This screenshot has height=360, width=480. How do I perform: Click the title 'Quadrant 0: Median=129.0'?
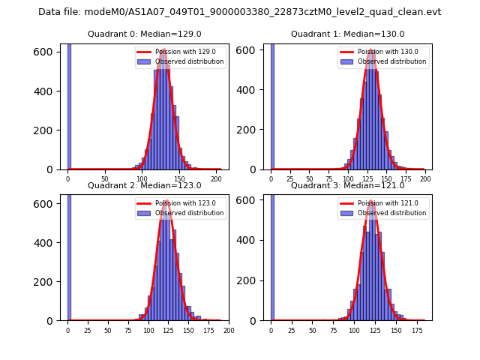pyautogui.click(x=144, y=34)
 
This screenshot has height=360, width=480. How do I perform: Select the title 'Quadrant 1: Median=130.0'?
pyautogui.click(x=347, y=34)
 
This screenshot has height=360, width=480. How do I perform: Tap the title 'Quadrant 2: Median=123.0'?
pyautogui.click(x=144, y=185)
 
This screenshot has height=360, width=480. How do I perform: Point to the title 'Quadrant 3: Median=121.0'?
pyautogui.click(x=347, y=185)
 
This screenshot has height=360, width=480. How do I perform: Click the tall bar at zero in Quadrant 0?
pyautogui.click(x=69, y=105)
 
